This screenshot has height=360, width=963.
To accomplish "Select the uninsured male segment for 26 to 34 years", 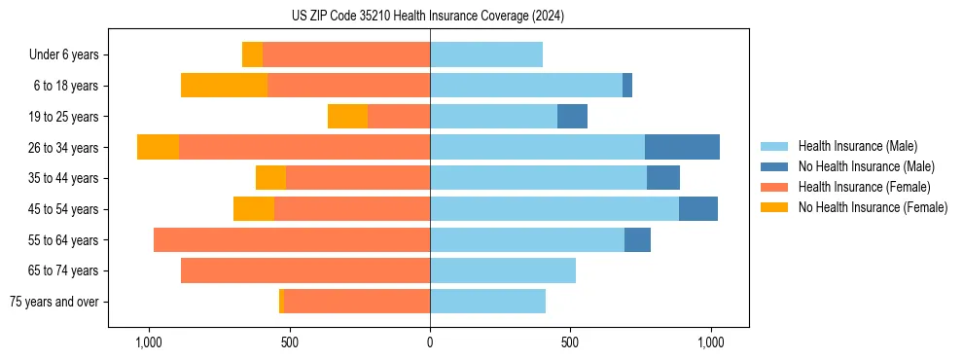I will coord(682,147).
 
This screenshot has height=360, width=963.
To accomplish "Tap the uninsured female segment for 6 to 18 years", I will coord(224,86).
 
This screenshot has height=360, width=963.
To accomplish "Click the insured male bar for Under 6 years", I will coord(486,54).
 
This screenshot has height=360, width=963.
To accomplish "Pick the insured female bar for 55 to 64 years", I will coord(292,239).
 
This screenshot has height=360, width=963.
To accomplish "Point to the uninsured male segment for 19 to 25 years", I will coord(572,117).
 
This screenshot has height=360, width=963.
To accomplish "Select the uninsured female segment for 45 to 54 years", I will coord(254,209).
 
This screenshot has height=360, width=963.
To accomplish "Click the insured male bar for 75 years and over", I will coord(487,302).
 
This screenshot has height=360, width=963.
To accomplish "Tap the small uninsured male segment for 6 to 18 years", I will coord(627,86).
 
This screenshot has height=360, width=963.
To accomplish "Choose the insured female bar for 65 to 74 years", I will coord(305,270).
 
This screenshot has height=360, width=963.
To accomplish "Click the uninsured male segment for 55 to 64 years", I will coord(637,239).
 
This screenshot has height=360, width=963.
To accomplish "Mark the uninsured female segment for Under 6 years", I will coord(252,54).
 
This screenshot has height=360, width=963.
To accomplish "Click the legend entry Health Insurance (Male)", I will coord(857,146).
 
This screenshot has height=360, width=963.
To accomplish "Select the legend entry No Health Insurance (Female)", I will coord(873,207).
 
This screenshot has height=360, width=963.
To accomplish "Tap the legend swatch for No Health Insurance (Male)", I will coord(774,166).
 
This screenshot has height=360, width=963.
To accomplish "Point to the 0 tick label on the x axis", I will coord(430,342).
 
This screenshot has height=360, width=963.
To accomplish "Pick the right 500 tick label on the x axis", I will coord(570,342).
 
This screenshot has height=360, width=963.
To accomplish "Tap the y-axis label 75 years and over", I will coord(53,302).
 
